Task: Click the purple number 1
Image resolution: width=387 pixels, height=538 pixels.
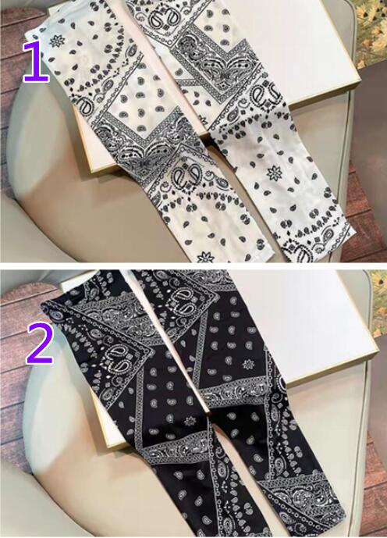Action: click(x=37, y=62)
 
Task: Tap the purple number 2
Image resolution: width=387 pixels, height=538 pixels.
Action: click(x=40, y=343)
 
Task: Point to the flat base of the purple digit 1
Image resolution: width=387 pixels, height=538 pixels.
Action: click(x=37, y=80)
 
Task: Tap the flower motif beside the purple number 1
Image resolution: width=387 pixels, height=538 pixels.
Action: click(x=57, y=41)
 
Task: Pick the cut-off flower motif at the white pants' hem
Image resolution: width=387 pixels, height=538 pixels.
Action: click(x=206, y=258)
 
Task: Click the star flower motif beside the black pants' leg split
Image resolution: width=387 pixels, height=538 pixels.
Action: click(x=188, y=421)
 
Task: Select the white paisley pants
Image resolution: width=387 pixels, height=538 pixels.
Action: click(x=192, y=130)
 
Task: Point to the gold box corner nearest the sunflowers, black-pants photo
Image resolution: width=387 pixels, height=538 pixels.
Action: click(x=376, y=350)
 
